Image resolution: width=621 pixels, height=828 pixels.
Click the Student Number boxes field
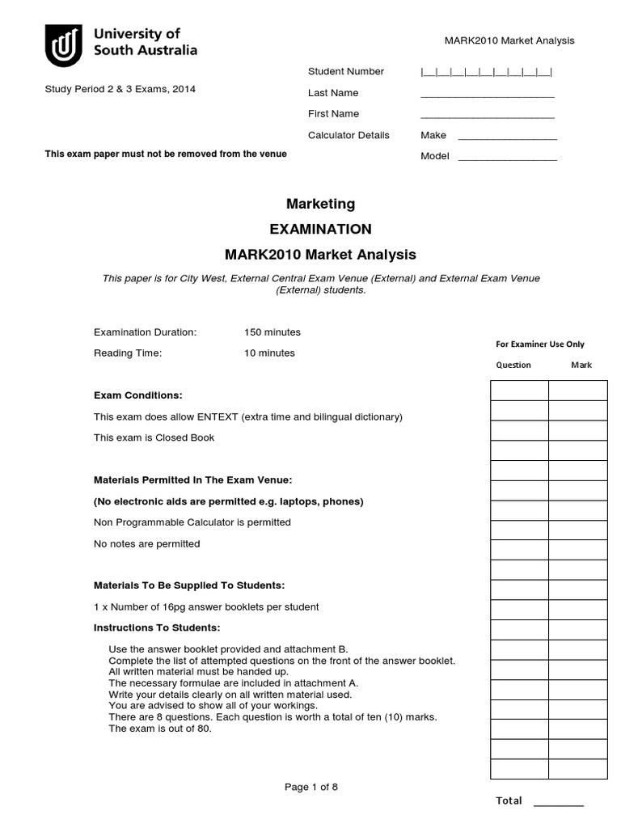487,72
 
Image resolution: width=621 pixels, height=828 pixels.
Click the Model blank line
507,159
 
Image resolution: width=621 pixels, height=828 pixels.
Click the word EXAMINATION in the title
321,229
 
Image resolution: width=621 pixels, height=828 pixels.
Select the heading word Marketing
321,204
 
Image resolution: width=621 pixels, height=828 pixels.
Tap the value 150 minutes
272,332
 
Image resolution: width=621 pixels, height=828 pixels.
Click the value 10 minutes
269,353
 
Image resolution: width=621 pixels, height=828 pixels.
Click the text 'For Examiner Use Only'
539,344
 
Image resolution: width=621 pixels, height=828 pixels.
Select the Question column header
513,365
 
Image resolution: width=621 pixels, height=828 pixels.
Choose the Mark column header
581,365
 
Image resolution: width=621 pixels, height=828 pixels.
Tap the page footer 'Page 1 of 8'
311,788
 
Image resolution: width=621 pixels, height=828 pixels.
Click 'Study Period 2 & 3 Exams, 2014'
120,89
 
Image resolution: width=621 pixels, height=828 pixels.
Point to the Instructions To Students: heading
157,627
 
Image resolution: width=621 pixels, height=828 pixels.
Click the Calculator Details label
349,135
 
